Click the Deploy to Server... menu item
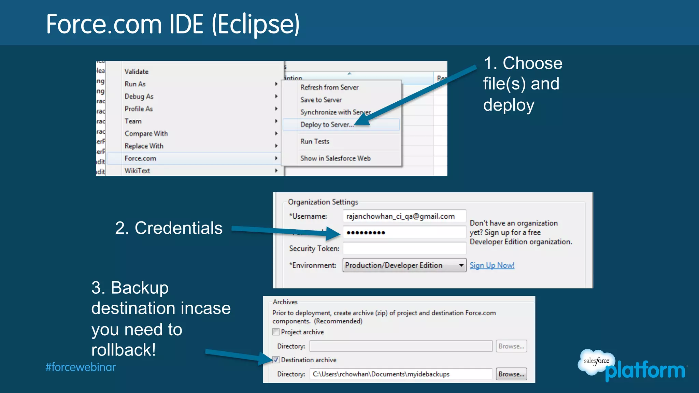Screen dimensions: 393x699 point(327,125)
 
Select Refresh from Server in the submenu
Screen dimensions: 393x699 point(329,87)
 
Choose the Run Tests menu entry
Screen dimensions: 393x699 point(315,142)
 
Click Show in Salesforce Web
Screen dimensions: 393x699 point(335,158)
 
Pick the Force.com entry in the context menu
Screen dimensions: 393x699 point(140,158)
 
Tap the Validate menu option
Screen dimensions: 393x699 point(137,72)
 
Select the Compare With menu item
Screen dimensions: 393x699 point(146,134)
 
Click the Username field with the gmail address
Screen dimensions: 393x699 point(404,216)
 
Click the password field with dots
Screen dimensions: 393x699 point(404,233)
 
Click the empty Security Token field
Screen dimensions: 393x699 point(404,248)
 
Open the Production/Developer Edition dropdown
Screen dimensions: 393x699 point(404,265)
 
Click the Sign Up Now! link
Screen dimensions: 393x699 point(492,265)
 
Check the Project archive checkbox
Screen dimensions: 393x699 point(276,332)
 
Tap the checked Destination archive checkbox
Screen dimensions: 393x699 point(276,360)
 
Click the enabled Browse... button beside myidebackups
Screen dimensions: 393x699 point(511,374)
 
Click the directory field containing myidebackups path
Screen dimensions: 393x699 point(401,374)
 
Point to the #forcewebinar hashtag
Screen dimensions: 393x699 point(81,367)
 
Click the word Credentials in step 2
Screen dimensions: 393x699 point(179,228)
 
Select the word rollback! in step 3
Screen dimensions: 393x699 point(124,350)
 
